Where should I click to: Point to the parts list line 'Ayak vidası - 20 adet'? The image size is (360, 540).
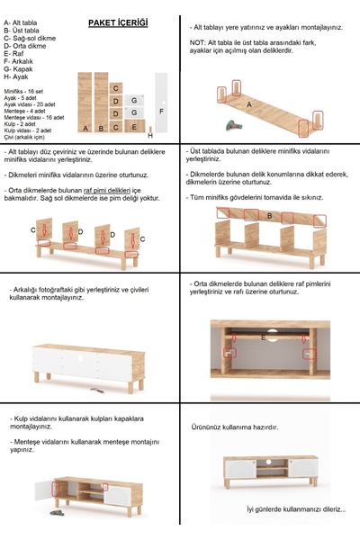click(x=30, y=103)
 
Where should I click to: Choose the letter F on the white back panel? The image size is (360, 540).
click(x=161, y=110)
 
